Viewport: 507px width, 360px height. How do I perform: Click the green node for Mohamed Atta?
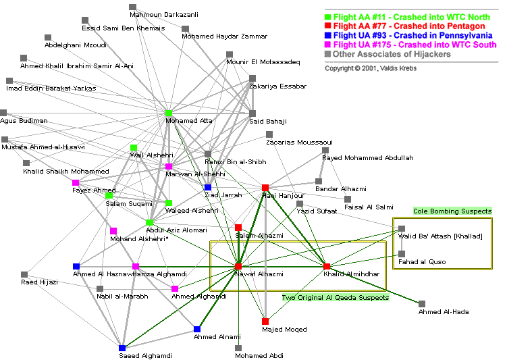[x=169, y=113]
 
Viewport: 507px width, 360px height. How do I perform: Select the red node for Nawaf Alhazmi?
[x=238, y=266]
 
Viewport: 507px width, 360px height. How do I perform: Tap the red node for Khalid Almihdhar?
[x=327, y=266]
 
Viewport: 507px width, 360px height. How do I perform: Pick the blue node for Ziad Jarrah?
[x=208, y=187]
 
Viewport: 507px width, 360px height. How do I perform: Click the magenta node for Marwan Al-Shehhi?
[x=169, y=166]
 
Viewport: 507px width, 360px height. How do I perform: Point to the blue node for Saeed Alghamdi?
[x=122, y=348]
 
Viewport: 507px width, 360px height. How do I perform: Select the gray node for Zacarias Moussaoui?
[x=269, y=134]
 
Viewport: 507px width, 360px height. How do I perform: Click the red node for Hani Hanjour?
[x=265, y=188]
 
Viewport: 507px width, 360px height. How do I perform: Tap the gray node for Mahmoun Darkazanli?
[x=133, y=7]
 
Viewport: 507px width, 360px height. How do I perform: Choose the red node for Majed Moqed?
[x=265, y=322]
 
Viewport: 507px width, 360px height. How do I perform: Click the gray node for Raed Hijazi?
[x=24, y=274]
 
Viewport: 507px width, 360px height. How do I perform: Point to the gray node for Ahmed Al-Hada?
[x=422, y=304]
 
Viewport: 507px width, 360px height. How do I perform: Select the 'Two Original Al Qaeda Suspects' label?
[x=336, y=297]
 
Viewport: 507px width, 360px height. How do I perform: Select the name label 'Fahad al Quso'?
[x=423, y=262]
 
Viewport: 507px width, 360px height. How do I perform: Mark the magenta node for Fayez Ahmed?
[x=76, y=182]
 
